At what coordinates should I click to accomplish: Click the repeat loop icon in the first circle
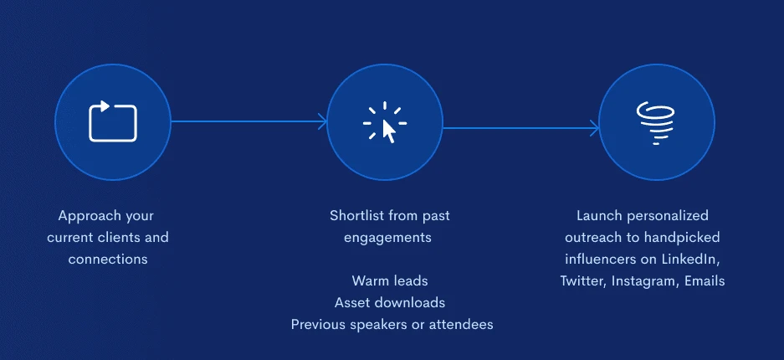click(x=112, y=121)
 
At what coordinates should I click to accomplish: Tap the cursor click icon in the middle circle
click(x=385, y=122)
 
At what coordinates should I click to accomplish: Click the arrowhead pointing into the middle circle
click(x=323, y=121)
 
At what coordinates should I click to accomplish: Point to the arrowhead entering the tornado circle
click(x=595, y=128)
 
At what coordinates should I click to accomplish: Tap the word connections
click(x=108, y=260)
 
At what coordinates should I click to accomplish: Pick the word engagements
click(x=387, y=238)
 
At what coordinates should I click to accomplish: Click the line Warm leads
click(x=390, y=280)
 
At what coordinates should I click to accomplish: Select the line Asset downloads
click(x=390, y=302)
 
